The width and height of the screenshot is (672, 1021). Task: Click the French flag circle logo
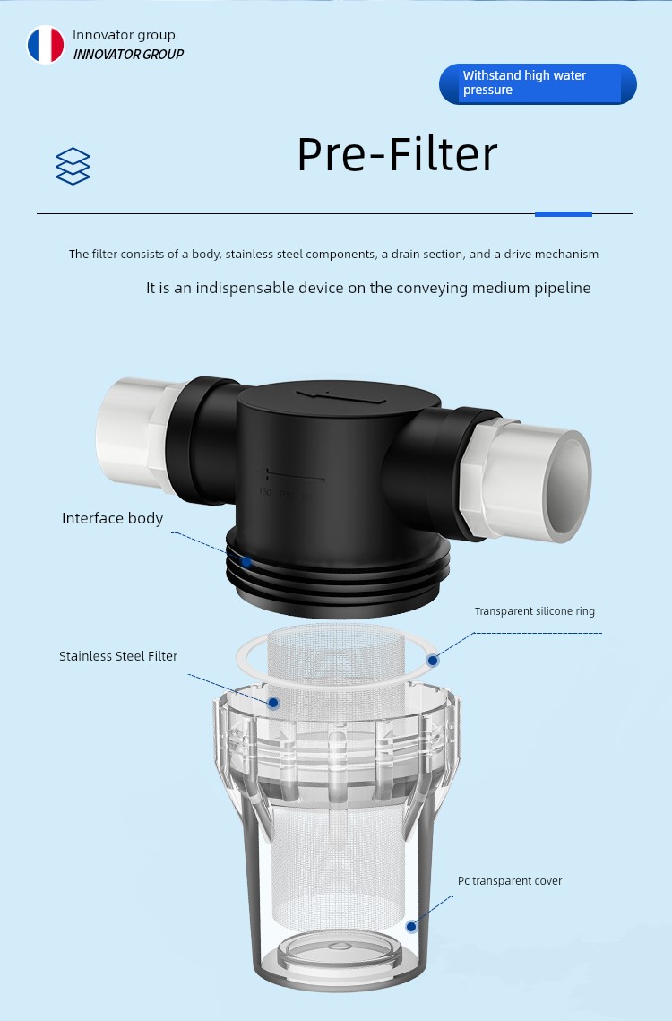pyautogui.click(x=46, y=45)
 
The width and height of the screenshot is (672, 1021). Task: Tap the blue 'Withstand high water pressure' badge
pyautogui.click(x=538, y=83)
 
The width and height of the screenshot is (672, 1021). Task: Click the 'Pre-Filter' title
pyautogui.click(x=397, y=154)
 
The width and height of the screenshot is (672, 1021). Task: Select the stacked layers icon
pyautogui.click(x=73, y=166)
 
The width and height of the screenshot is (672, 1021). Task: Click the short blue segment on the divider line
pyautogui.click(x=564, y=213)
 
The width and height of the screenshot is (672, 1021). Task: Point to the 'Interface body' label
pyautogui.click(x=112, y=518)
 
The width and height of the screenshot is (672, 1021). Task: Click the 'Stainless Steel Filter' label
pyautogui.click(x=118, y=656)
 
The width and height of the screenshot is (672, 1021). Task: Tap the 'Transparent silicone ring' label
pyautogui.click(x=535, y=611)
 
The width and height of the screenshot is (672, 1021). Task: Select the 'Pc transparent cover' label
pyautogui.click(x=510, y=881)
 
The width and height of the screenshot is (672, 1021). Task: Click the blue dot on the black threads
pyautogui.click(x=246, y=561)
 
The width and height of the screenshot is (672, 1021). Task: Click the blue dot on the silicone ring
pyautogui.click(x=433, y=661)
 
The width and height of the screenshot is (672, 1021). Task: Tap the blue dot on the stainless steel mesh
pyautogui.click(x=273, y=703)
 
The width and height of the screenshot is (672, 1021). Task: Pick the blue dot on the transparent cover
pyautogui.click(x=411, y=927)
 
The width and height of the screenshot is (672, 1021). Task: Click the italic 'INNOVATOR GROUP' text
pyautogui.click(x=128, y=55)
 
